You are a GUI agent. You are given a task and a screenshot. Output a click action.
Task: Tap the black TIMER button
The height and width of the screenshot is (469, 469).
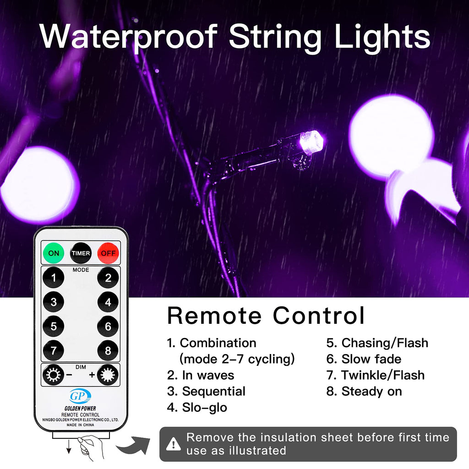pos(81,253)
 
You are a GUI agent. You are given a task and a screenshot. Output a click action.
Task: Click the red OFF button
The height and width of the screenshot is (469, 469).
pos(108,253)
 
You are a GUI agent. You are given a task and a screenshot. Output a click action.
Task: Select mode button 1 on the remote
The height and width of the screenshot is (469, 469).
pos(54,278)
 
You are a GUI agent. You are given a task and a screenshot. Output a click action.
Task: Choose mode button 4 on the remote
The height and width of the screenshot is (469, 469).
pos(108,302)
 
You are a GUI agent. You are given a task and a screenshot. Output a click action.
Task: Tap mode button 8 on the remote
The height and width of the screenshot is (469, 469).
pos(108,351)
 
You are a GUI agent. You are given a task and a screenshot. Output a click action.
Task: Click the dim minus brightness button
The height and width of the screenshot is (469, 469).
pos(52,376)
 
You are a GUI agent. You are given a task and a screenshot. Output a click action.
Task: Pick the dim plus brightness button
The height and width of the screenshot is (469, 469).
pos(108,376)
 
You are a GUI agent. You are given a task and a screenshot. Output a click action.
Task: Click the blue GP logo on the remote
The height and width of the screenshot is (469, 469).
pos(80,396)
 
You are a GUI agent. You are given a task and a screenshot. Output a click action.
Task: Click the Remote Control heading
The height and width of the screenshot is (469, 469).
pos(266,316)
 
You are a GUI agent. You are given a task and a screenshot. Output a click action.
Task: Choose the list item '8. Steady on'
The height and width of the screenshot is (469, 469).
pos(364,391)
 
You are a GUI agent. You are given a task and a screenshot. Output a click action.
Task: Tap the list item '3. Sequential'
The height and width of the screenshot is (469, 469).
pos(206,391)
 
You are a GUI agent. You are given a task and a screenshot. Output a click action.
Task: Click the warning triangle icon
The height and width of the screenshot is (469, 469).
pos(173,443)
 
